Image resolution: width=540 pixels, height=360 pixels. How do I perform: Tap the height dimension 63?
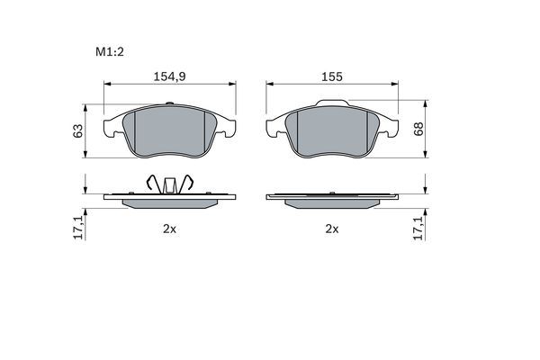79,130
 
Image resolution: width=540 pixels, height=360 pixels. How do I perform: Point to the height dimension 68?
418,129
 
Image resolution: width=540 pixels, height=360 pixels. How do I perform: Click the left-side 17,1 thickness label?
79,228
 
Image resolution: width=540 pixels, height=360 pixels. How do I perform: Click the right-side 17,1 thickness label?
418,228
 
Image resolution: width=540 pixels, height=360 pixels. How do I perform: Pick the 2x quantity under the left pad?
168,229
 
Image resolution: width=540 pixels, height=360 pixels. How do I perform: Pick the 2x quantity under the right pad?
331,229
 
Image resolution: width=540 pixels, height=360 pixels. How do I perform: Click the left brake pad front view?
170,133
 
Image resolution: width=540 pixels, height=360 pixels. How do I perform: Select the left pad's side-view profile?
170,200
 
